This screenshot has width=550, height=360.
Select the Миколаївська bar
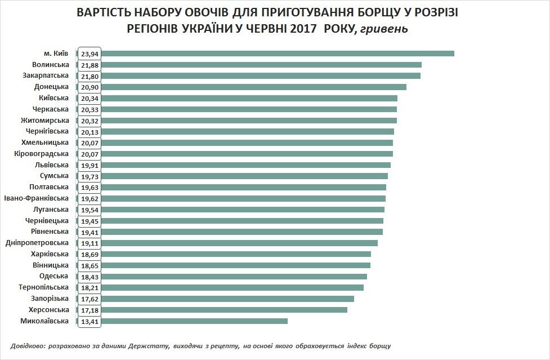click(x=194, y=321)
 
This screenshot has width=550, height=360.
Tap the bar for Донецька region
click(x=253, y=87)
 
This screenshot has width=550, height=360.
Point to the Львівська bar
click(x=245, y=165)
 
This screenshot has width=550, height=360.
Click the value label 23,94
click(x=90, y=54)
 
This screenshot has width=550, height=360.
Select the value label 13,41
click(x=90, y=321)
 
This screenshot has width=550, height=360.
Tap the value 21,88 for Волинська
click(x=90, y=65)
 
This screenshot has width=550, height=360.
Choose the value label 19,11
click(x=90, y=243)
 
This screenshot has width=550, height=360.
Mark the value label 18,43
click(x=90, y=277)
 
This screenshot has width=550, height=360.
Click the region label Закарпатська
click(x=46, y=75)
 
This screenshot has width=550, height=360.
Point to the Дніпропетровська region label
click(x=37, y=243)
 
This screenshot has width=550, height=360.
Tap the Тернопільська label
click(x=44, y=287)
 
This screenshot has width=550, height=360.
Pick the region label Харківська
click(x=50, y=254)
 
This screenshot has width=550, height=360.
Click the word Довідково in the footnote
click(x=29, y=345)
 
